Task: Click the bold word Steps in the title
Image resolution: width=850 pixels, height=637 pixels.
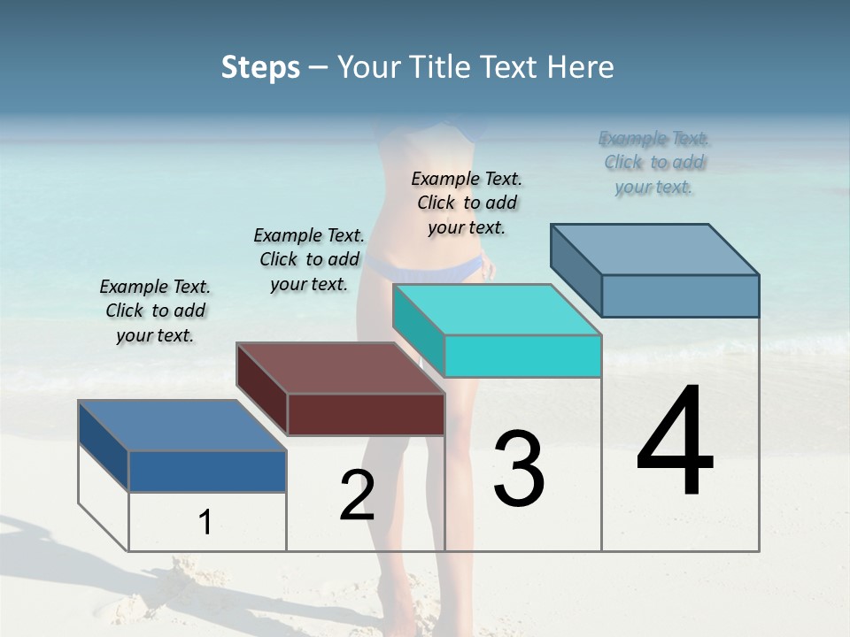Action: pos(260,67)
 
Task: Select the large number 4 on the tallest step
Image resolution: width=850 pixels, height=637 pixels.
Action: pos(675,442)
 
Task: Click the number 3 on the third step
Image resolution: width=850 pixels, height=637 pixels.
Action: pos(519,469)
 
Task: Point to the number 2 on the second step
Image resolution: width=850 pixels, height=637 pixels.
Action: pos(357,495)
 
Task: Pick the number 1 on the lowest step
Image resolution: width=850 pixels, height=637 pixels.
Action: pos(205,523)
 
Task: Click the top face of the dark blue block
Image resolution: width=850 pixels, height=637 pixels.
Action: pos(182,426)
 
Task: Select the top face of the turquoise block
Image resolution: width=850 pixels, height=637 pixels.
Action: pos(496,310)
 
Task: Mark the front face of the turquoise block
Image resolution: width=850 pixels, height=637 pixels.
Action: pos(522,357)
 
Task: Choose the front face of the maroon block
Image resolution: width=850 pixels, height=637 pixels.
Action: pos(366,415)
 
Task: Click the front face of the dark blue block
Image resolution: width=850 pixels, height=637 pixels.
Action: pos(207,472)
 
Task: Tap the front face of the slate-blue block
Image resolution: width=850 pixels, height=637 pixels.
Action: pos(680,295)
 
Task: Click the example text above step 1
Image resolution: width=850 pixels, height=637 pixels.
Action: pos(155,311)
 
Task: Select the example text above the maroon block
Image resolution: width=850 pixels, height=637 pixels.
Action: pos(309,260)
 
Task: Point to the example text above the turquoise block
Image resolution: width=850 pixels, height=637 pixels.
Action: pos(467,203)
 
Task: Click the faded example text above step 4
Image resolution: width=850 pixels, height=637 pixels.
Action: pos(654,163)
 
